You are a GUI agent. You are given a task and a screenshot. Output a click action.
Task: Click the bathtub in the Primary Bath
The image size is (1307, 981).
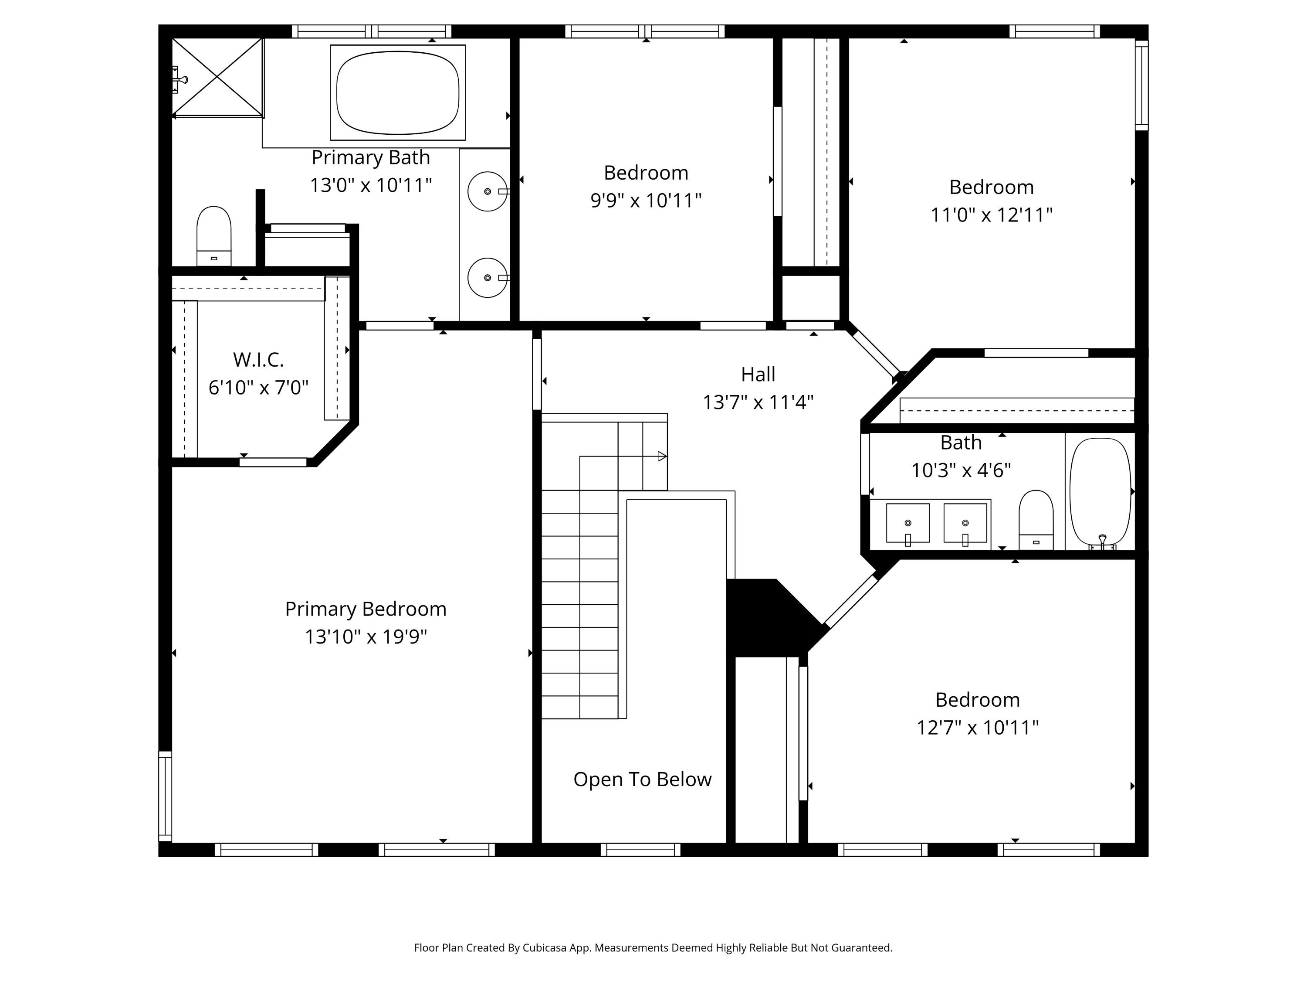[398, 92]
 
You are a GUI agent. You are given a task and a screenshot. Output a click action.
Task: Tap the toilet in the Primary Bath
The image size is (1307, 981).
[214, 236]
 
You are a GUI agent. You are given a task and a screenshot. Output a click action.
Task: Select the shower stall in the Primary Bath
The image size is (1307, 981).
[217, 78]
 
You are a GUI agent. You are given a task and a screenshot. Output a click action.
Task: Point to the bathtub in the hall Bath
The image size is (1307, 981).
[1100, 491]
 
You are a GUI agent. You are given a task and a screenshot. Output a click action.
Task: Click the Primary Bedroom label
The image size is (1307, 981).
[366, 609]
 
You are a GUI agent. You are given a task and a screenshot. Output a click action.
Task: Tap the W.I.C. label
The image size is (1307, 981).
[258, 360]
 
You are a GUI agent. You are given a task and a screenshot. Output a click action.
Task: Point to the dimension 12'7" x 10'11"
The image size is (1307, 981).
[977, 727]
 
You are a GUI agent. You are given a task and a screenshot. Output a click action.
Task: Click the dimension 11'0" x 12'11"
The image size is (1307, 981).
[992, 215]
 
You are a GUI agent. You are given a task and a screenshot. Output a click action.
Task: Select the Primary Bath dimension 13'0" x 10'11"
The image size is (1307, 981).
[371, 185]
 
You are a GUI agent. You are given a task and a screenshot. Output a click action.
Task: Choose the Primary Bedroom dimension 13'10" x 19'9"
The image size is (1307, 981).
[366, 637]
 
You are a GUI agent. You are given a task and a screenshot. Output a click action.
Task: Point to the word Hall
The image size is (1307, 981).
[758, 374]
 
